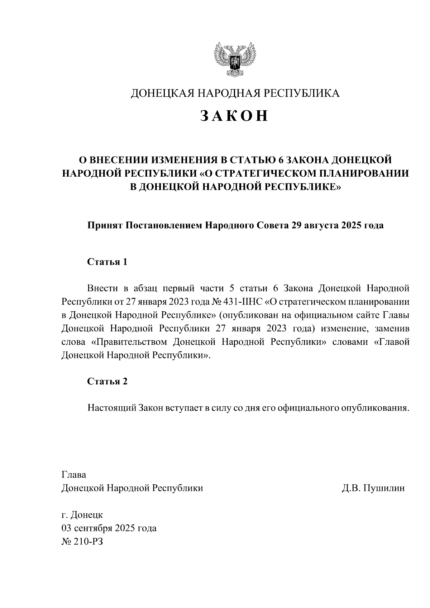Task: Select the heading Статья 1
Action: point(107,262)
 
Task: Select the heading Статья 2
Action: point(107,381)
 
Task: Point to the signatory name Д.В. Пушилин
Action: point(373,488)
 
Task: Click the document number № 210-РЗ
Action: point(82,541)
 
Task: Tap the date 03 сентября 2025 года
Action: point(109,528)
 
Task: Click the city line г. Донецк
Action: point(82,515)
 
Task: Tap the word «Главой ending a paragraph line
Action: point(391,342)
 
